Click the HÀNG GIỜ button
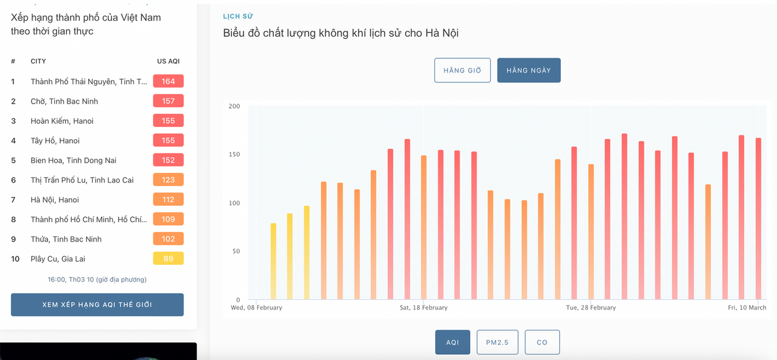tap(462, 71)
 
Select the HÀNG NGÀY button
tap(528, 71)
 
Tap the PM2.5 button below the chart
tap(497, 343)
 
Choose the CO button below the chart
tap(542, 343)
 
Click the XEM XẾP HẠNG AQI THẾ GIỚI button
tap(97, 304)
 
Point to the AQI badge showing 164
tap(168, 82)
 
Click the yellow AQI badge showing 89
tap(168, 259)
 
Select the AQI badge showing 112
tap(168, 200)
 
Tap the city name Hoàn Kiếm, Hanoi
tap(62, 121)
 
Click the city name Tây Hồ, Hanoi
tap(55, 141)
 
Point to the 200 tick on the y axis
tap(234, 106)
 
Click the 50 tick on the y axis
tap(236, 251)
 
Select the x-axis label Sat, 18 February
tap(423, 308)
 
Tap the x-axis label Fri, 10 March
tap(747, 308)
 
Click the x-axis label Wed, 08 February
tap(256, 308)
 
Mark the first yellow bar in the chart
tap(273, 259)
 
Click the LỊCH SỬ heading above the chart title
tap(234, 16)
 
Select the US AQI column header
tap(168, 62)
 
